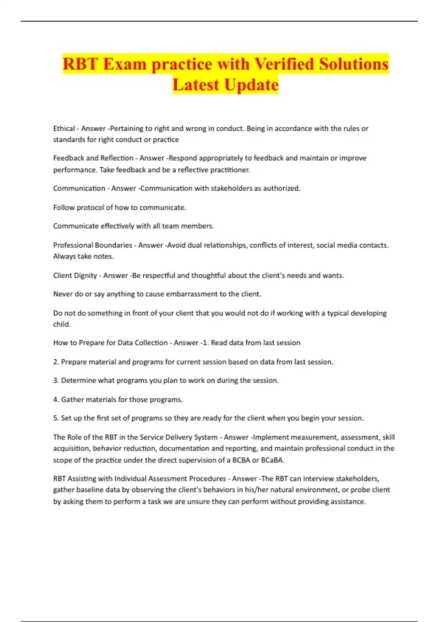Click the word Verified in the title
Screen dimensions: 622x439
tap(284, 64)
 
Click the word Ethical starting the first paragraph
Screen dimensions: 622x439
tap(64, 128)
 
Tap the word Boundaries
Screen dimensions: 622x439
tap(113, 245)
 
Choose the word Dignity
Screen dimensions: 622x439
tap(87, 276)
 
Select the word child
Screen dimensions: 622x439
tap(61, 324)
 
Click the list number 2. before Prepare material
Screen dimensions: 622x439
tap(56, 362)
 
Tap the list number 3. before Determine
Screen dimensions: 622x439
tap(56, 381)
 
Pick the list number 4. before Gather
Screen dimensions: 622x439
tap(56, 400)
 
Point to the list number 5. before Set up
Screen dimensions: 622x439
tap(56, 418)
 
